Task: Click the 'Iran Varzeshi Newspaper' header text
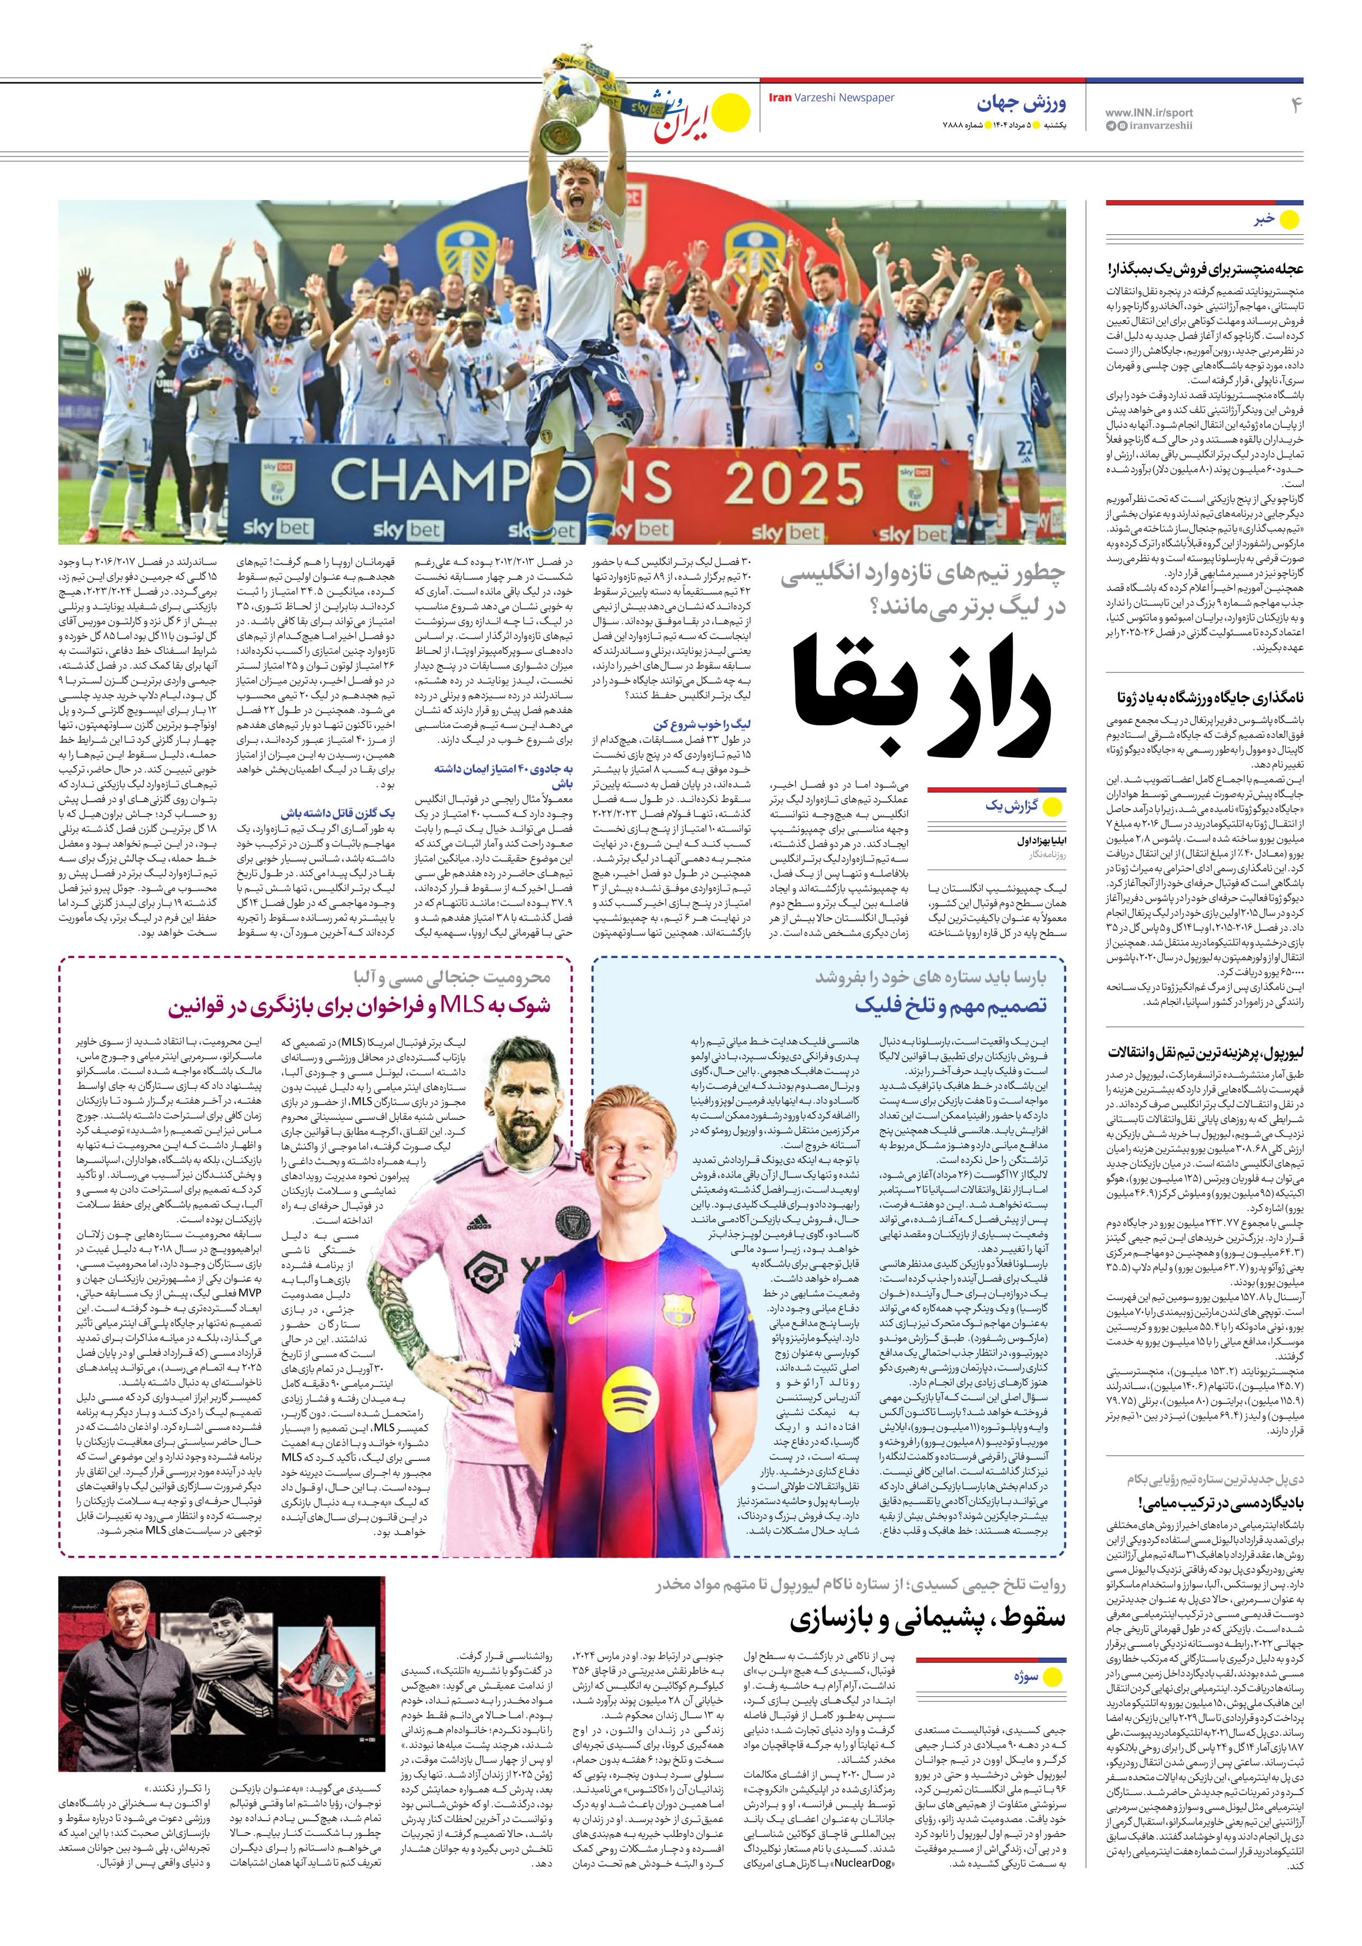pyautogui.click(x=831, y=98)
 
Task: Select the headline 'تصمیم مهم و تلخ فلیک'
pyautogui.click(x=950, y=1005)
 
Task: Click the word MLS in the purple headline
pyautogui.click(x=462, y=1005)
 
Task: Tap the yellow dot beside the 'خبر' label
pyautogui.click(x=1288, y=220)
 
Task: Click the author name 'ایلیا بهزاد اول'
pyautogui.click(x=1042, y=841)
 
